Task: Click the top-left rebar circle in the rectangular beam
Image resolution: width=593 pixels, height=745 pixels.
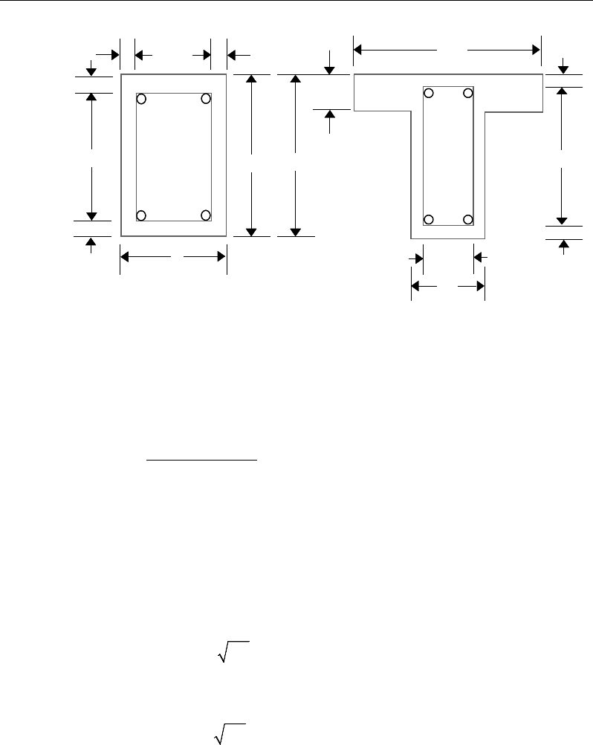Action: (x=141, y=99)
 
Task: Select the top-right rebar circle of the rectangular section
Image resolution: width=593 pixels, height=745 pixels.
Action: (x=206, y=99)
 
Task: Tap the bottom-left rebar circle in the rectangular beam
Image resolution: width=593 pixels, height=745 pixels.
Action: (x=141, y=215)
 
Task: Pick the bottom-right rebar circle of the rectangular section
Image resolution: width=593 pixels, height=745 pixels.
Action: (x=206, y=215)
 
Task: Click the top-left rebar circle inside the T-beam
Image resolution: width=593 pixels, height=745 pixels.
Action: (x=429, y=93)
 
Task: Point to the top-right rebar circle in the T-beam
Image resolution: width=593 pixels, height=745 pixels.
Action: (x=468, y=93)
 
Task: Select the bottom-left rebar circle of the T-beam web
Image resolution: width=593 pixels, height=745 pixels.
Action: (x=429, y=219)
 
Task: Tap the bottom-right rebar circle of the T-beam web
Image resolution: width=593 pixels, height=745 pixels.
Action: (x=468, y=219)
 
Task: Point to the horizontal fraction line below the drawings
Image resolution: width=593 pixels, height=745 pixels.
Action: (x=201, y=461)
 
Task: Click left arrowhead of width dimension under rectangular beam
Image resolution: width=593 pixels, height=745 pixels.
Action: (x=125, y=257)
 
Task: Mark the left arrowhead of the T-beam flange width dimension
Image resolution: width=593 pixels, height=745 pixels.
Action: (x=358, y=50)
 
